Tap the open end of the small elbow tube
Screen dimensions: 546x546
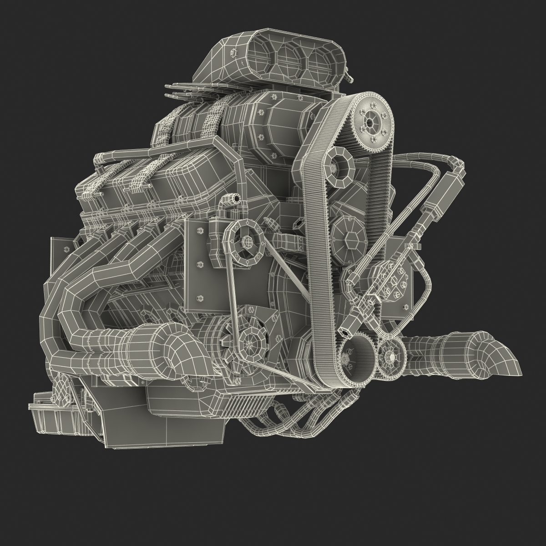click(x=236, y=198)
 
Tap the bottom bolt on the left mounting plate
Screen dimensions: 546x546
click(x=199, y=299)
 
